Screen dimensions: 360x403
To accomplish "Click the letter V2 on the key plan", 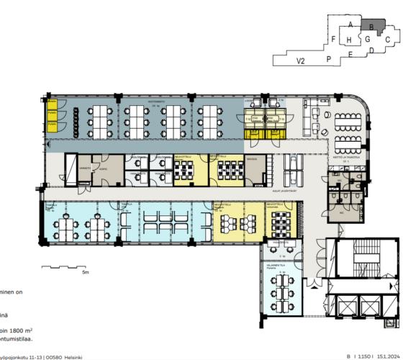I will (302, 63).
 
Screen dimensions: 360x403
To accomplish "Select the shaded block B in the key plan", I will (370, 27).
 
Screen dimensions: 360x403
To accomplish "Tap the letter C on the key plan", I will (387, 39).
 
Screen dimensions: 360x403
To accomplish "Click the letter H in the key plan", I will (348, 52).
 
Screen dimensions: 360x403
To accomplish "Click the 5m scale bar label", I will (84, 274).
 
